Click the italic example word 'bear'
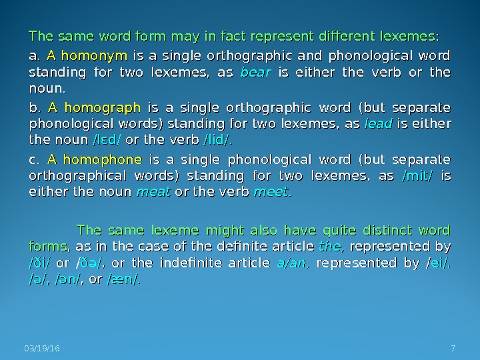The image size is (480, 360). click(254, 71)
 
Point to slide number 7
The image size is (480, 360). click(453, 349)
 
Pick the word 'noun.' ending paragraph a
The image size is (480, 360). click(46, 88)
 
